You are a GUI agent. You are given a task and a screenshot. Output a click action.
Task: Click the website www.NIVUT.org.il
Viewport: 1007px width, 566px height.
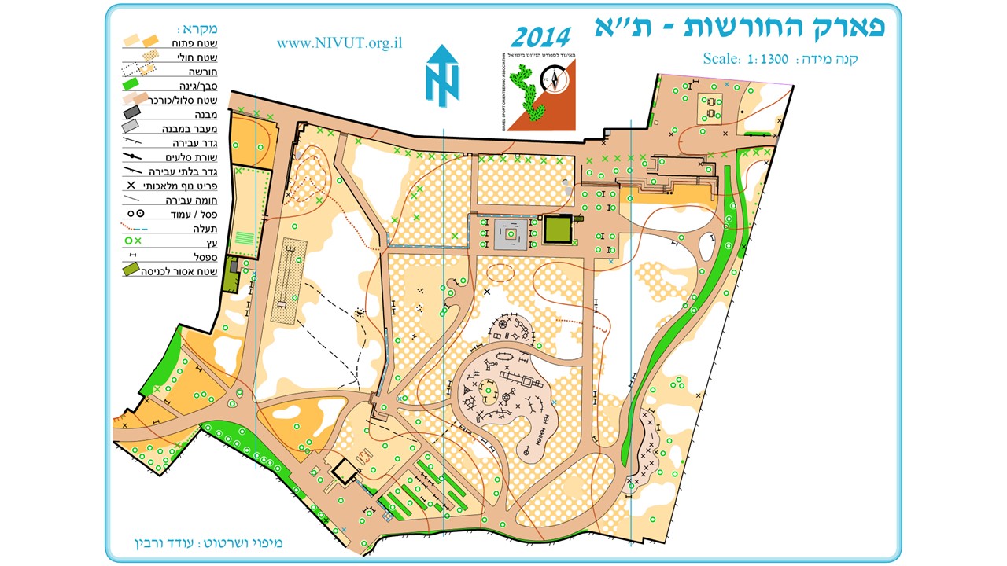pyautogui.click(x=339, y=43)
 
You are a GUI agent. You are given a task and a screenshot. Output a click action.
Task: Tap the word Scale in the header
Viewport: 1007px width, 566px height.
pyautogui.click(x=721, y=59)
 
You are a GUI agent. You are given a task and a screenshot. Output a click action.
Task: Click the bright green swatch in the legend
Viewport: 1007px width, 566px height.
pyautogui.click(x=134, y=85)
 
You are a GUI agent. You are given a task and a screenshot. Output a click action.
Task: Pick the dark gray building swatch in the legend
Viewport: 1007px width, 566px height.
pyautogui.click(x=132, y=113)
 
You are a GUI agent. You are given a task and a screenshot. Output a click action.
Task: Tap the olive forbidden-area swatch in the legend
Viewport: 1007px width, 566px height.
pyautogui.click(x=133, y=271)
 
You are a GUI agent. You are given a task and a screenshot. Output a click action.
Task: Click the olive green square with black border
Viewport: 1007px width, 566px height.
pyautogui.click(x=558, y=230)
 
